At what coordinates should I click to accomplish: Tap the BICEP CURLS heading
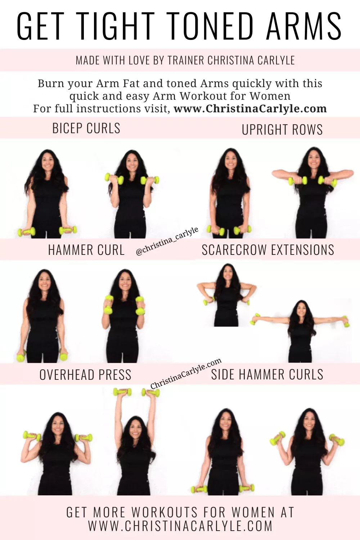[x=86, y=128]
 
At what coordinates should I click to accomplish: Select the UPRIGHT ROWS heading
[x=282, y=130]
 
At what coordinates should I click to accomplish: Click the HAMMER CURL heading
[x=86, y=250]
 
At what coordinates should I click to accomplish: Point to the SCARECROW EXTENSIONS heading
[x=268, y=250]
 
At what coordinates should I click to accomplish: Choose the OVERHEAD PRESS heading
[x=85, y=375]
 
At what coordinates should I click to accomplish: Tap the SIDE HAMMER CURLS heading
[x=267, y=374]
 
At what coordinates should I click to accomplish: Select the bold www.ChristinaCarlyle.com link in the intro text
[x=250, y=108]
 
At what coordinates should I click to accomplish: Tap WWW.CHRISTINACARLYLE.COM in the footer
[x=180, y=526]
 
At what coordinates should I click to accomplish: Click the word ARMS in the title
[x=304, y=26]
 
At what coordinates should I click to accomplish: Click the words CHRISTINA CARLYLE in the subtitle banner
[x=251, y=60]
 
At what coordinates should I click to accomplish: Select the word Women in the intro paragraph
[x=270, y=96]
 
